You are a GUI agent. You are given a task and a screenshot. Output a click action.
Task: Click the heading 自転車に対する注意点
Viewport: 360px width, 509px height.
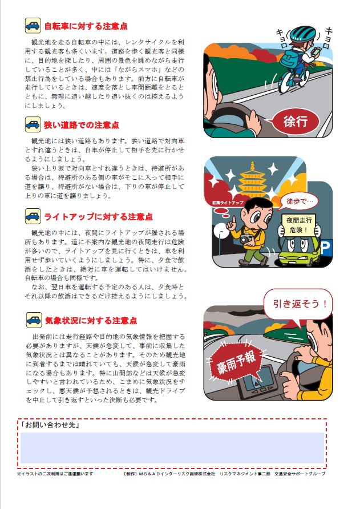tap(86, 26)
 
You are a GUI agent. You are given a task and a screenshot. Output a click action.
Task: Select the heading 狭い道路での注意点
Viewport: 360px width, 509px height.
tap(82, 125)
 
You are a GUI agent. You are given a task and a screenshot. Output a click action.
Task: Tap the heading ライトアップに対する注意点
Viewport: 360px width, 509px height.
tap(98, 217)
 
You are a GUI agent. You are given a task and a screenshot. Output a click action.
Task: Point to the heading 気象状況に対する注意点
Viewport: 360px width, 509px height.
tap(91, 321)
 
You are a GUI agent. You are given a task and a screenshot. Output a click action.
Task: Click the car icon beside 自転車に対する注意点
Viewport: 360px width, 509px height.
tap(33, 26)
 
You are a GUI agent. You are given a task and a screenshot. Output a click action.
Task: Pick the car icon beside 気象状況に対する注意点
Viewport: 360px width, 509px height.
tap(34, 320)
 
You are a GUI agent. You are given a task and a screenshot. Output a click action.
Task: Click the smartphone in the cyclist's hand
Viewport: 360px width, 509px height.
tap(316, 51)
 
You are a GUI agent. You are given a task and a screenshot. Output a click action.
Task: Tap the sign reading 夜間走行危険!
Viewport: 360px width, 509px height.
tap(298, 225)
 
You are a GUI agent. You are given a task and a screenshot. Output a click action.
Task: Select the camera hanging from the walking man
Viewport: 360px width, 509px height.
tap(246, 239)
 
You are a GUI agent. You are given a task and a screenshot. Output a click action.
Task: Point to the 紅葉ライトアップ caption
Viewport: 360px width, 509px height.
tap(228, 203)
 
